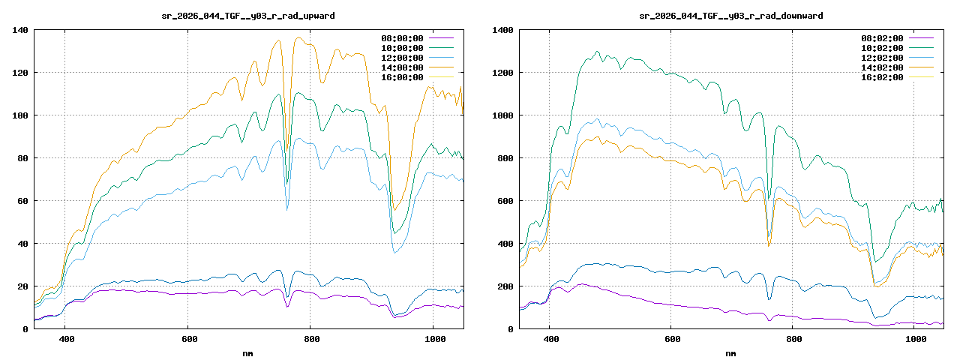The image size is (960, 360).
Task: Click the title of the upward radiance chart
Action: pyautogui.click(x=248, y=16)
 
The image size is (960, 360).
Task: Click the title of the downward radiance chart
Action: pyautogui.click(x=730, y=16)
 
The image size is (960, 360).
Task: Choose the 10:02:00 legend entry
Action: pyautogui.click(x=882, y=48)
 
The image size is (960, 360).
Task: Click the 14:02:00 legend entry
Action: pyautogui.click(x=882, y=67)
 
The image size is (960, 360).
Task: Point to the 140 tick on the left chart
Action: pyautogui.click(x=19, y=30)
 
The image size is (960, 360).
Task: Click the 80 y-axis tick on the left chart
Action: pyautogui.click(x=22, y=158)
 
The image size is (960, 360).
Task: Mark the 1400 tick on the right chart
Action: pyautogui.click(x=502, y=30)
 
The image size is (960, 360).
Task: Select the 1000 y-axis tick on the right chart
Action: pyautogui.click(x=502, y=115)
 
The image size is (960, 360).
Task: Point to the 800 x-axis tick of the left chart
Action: pyautogui.click(x=310, y=340)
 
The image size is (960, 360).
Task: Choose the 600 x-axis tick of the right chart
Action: pyautogui.click(x=673, y=340)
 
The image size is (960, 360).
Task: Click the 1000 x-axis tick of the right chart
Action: pyautogui.click(x=916, y=340)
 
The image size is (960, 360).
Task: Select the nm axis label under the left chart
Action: pyautogui.click(x=248, y=352)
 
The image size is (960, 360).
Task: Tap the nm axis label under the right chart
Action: pyautogui.click(x=730, y=352)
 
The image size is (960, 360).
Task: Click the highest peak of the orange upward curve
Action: pyautogui.click(x=298, y=37)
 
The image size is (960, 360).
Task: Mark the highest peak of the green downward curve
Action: pyautogui.click(x=597, y=52)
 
